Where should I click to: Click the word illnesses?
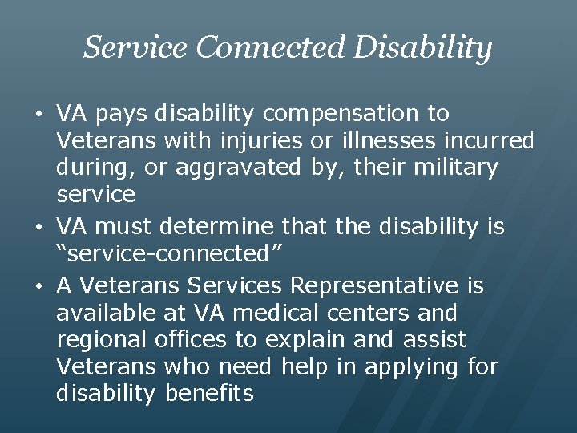[x=369, y=141]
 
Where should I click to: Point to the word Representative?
[x=375, y=286]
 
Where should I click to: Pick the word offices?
[x=190, y=340]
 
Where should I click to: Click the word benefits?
[x=209, y=394]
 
